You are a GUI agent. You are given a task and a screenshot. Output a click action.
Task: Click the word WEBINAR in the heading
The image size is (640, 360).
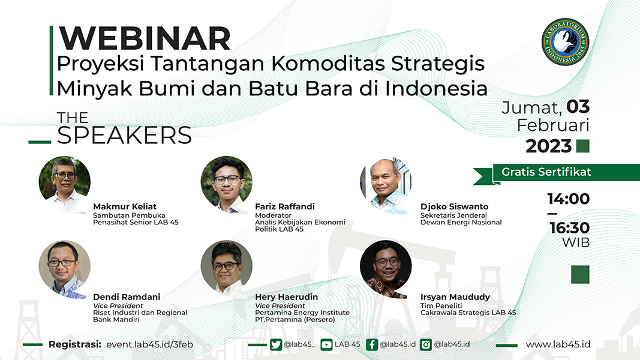(x=145, y=38)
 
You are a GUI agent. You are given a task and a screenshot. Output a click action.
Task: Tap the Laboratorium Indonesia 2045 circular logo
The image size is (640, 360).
(x=565, y=41)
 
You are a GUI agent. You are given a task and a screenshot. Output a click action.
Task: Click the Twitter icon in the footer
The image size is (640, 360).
(x=276, y=344)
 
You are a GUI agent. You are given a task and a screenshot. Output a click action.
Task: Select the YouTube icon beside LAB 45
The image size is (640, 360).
(x=326, y=344)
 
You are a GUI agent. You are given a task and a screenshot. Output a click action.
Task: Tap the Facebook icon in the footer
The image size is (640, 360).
(x=372, y=344)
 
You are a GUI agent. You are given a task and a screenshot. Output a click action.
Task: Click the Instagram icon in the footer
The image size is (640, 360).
(x=426, y=344)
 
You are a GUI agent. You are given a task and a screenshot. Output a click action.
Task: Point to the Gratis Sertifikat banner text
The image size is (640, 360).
(x=546, y=172)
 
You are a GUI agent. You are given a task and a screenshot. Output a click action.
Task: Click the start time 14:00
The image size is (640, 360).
(x=569, y=199)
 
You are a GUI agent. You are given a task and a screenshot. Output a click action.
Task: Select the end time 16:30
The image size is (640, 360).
(x=569, y=228)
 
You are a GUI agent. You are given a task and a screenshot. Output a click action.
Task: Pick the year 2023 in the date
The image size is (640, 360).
(x=549, y=146)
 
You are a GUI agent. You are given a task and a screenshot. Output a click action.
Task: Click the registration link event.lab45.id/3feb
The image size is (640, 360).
(x=150, y=344)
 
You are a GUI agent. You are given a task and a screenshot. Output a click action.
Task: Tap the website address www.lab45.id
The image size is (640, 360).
(x=558, y=344)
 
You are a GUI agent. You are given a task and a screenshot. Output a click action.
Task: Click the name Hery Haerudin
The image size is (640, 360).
(x=287, y=297)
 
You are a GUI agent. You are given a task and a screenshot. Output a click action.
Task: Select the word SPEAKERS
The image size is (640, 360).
(x=125, y=136)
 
